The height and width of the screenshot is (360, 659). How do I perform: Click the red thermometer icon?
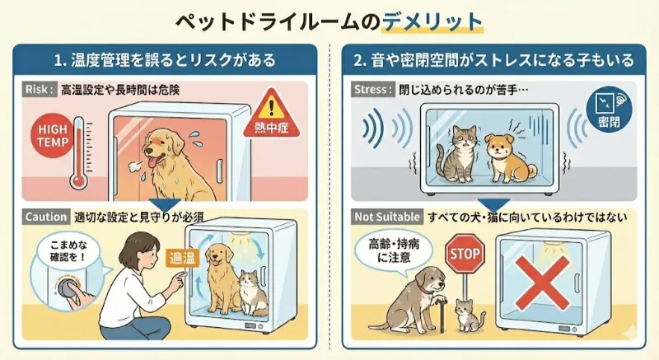78,149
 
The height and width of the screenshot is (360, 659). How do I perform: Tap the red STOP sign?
463,255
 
